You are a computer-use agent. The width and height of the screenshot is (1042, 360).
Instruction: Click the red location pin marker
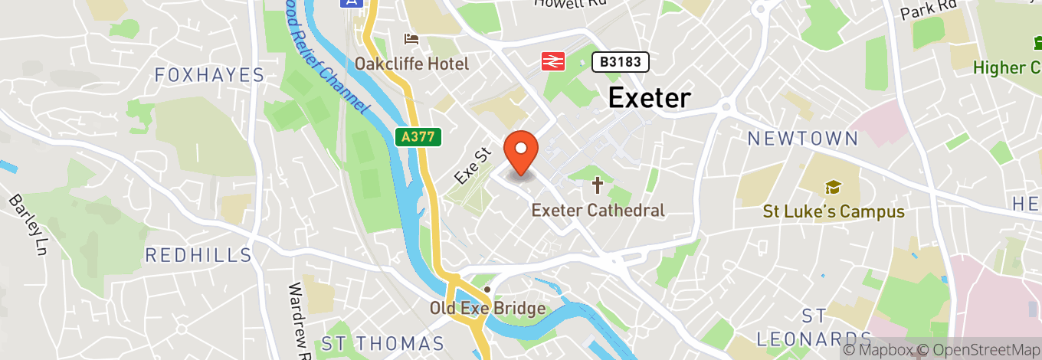(x=521, y=152)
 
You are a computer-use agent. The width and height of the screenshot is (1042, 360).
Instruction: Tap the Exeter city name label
(x=649, y=98)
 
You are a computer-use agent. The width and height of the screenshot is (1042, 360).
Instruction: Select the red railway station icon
(x=553, y=61)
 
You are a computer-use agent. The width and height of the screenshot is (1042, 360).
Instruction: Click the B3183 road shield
(x=621, y=62)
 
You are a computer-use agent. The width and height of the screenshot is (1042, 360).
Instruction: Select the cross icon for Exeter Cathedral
(x=598, y=185)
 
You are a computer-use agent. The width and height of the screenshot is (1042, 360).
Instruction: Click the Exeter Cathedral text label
(x=598, y=209)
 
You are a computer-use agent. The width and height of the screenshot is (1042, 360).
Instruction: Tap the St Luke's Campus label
(x=834, y=211)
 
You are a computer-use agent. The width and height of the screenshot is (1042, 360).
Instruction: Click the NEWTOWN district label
(x=803, y=139)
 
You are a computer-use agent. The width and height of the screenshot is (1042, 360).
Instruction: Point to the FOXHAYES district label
(x=209, y=75)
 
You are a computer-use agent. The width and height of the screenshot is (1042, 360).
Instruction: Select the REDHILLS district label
(x=198, y=255)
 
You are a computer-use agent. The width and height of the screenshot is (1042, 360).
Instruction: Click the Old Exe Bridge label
(x=487, y=309)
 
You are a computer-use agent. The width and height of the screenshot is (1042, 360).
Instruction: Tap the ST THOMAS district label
(x=383, y=343)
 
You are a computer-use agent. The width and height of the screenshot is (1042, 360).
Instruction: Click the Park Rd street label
(x=929, y=10)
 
